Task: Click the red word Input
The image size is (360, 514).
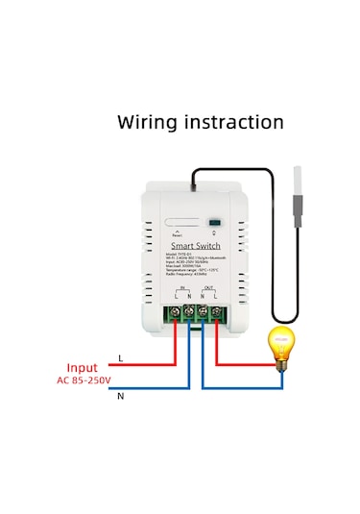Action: pos(81,368)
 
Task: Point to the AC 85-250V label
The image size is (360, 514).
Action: pos(85,381)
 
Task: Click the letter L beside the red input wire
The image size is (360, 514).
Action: pos(120,357)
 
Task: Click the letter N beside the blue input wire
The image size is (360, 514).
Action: pos(120,395)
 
